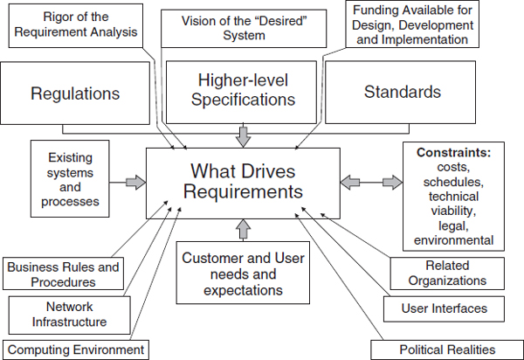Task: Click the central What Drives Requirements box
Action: point(242,182)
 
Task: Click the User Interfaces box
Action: point(446,308)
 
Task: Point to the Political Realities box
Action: point(445,350)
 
